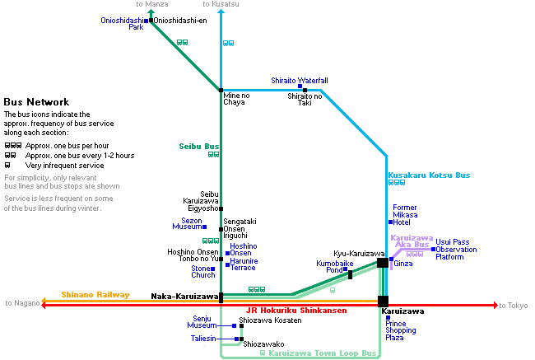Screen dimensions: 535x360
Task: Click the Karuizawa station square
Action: click(383, 302)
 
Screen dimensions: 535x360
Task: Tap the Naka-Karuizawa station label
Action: click(184, 296)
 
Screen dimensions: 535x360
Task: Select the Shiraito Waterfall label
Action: click(300, 81)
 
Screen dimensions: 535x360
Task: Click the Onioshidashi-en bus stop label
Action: click(179, 21)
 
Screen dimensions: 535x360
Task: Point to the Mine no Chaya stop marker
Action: click(221, 90)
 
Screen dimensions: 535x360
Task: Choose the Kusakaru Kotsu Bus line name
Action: click(429, 175)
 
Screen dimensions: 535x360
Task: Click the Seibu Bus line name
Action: click(199, 147)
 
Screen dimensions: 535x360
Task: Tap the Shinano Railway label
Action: click(95, 295)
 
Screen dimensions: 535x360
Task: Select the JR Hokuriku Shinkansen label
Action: click(296, 311)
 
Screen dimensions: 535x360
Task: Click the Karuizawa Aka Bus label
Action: click(412, 241)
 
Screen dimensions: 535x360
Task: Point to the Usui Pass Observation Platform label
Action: click(456, 250)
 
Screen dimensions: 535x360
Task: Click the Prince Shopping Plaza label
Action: click(401, 330)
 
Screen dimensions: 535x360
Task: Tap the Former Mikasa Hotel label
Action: click(405, 215)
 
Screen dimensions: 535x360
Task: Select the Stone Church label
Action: click(203, 272)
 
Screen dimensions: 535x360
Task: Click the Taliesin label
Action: click(203, 339)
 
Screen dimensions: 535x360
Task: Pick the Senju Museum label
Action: click(202, 322)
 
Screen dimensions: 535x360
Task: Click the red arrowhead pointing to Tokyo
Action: click(495, 305)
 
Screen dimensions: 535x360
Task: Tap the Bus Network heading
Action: click(36, 102)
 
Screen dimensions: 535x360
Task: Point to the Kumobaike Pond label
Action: click(335, 267)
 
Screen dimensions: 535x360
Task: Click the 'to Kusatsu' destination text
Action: click(221, 4)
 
